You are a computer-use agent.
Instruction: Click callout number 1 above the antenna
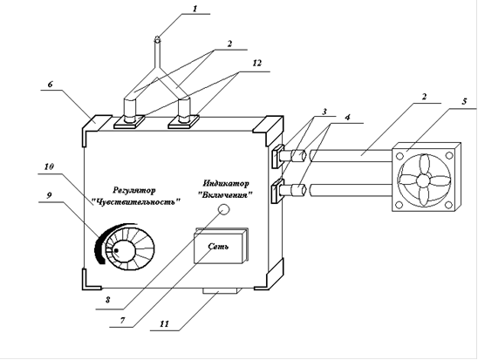coord(195,9)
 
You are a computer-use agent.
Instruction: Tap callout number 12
coord(257,64)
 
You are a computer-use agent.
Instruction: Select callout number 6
coord(50,84)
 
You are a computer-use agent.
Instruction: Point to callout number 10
coord(49,166)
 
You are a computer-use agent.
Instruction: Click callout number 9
coord(49,195)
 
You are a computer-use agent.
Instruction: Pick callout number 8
coord(107,300)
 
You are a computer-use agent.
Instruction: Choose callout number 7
coord(122,321)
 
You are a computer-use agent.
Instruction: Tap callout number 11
coord(164,323)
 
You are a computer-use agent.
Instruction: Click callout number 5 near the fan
coord(464,101)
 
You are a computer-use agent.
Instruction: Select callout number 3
coord(324,112)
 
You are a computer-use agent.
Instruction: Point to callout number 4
coord(348,117)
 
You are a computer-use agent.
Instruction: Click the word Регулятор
coord(134,191)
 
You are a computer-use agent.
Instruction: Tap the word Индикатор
coord(226,183)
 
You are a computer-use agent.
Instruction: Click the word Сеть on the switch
coord(218,246)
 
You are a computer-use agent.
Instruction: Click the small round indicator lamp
coord(224,209)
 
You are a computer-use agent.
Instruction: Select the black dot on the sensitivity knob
coord(116,251)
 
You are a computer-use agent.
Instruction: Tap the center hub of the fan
coord(422,180)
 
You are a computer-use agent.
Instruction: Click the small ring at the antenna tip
coord(157,39)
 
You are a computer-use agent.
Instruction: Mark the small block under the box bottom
coord(220,291)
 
